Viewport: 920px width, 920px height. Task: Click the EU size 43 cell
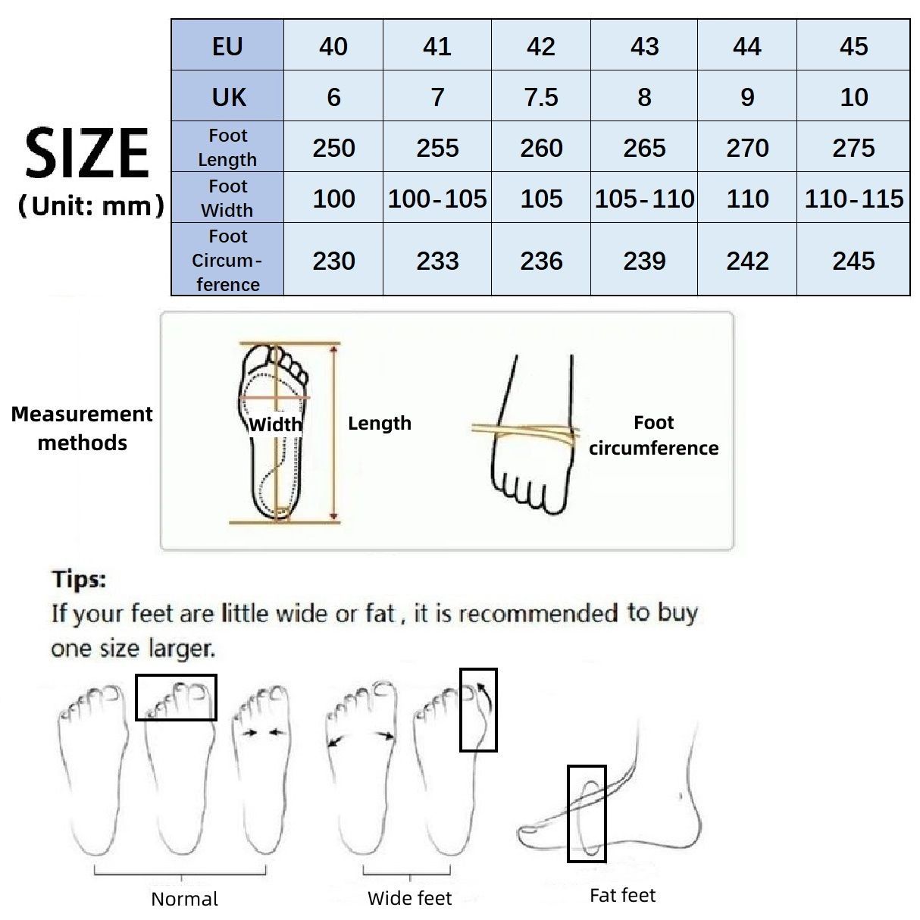644,46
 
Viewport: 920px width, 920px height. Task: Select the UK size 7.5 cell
541,97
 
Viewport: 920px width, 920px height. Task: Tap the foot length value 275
853,148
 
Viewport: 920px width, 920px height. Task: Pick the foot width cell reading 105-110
644,199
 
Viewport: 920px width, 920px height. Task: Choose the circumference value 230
333,261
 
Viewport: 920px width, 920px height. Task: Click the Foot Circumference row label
227,260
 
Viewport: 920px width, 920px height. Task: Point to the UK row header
228,97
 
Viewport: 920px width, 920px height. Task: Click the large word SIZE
87,154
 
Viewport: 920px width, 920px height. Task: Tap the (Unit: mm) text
90,205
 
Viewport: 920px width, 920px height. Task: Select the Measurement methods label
82,428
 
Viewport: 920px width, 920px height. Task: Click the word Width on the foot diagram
274,424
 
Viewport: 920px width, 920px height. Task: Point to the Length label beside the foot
379,423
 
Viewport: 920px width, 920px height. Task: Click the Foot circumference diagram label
653,435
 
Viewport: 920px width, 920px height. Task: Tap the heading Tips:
79,580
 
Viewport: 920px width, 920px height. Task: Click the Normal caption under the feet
184,899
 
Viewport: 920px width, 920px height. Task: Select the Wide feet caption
409,898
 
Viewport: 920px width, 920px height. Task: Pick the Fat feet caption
622,895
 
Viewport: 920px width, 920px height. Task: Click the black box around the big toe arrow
478,709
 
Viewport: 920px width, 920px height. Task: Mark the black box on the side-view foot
587,813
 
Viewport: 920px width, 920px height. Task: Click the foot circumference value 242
747,261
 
